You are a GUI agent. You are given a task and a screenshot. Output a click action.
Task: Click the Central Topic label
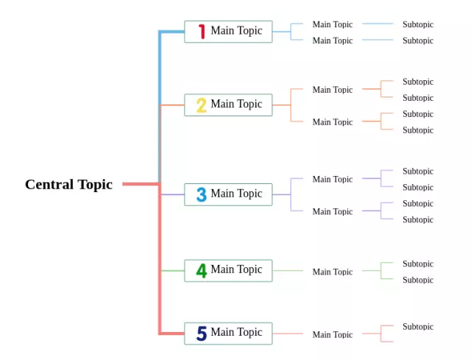click(x=68, y=184)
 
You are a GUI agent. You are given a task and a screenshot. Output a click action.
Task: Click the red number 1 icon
click(x=201, y=32)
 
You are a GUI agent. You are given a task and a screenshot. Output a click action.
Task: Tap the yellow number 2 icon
click(x=201, y=105)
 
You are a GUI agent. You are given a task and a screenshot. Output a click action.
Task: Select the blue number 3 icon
click(x=201, y=194)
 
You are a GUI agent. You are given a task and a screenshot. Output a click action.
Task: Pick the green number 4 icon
click(x=201, y=271)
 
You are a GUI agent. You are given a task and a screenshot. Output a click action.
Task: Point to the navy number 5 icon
click(x=201, y=333)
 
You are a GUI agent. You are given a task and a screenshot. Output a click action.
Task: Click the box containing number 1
click(x=228, y=32)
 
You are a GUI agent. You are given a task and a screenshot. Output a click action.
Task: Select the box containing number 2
click(x=228, y=105)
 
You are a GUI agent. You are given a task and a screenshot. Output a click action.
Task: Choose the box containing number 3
click(x=228, y=194)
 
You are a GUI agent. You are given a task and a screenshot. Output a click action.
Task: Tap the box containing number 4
click(x=228, y=270)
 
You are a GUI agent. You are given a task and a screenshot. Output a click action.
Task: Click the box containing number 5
click(x=228, y=333)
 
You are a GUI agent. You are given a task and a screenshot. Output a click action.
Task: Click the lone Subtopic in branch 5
click(x=418, y=326)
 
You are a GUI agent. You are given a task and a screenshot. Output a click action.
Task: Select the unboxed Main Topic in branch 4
click(x=332, y=272)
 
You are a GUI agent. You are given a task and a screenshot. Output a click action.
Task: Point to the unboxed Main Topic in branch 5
click(x=332, y=334)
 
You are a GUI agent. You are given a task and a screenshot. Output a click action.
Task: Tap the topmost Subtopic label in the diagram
click(x=418, y=24)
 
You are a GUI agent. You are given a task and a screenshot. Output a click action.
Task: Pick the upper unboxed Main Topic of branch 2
click(x=332, y=90)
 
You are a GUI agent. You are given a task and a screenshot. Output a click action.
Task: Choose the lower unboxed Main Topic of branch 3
click(x=332, y=211)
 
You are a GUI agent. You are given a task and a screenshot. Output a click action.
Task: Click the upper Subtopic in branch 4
click(x=418, y=264)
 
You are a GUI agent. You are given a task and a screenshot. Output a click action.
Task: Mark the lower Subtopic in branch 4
click(x=418, y=280)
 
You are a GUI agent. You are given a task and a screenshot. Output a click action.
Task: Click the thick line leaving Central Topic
click(x=140, y=184)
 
